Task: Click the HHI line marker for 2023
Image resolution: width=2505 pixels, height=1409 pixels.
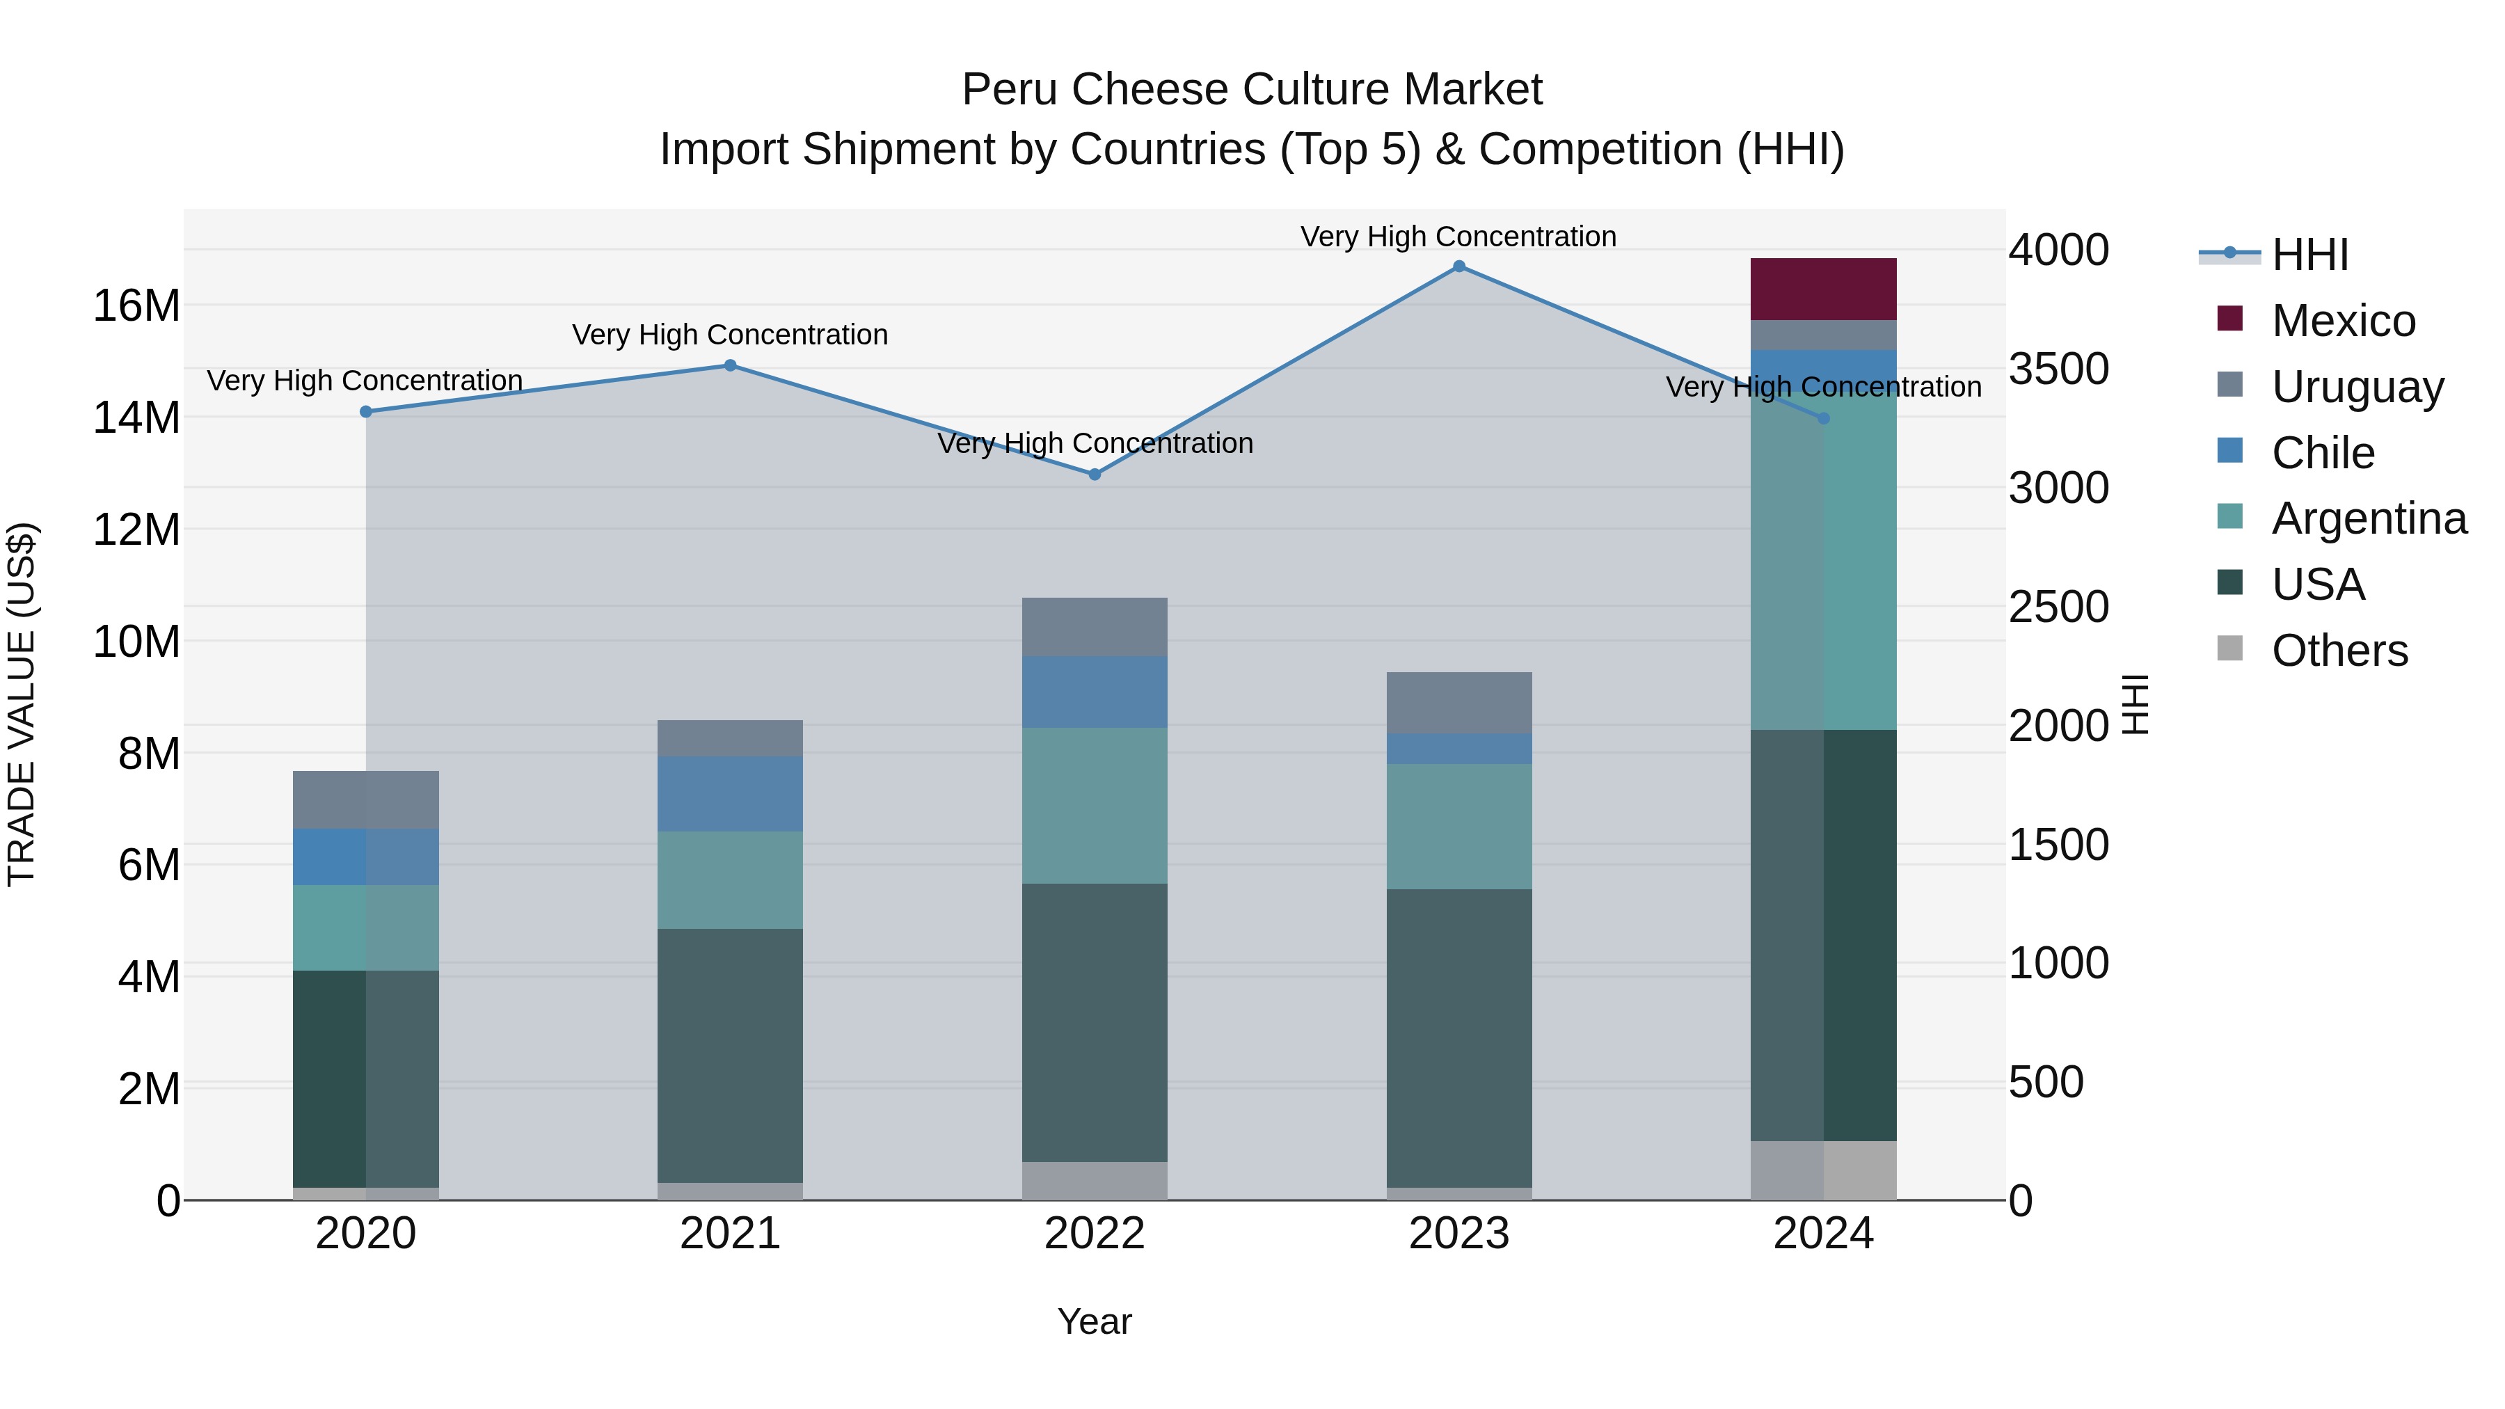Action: (x=1458, y=266)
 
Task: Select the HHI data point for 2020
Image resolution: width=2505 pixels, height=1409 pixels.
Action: (x=365, y=413)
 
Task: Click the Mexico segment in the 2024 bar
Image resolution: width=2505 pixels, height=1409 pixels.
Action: (x=1823, y=289)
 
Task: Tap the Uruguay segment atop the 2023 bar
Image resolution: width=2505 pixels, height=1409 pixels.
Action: (x=1458, y=702)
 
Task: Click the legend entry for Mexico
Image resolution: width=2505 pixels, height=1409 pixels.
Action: (x=2343, y=321)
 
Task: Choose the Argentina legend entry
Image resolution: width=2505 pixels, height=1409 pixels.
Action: (x=2368, y=518)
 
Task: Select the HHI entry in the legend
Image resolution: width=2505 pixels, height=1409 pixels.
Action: (x=2309, y=255)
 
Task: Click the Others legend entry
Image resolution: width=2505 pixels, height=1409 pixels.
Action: (x=2339, y=651)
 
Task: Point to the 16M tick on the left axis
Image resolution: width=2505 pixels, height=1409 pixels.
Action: (x=136, y=306)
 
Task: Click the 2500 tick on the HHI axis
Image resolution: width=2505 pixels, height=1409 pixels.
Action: (x=2059, y=607)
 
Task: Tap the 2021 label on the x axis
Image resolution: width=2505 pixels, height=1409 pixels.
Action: (x=731, y=1234)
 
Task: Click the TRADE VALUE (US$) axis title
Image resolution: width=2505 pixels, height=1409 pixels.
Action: (x=22, y=704)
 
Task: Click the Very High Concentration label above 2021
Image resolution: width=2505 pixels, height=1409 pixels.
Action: (x=731, y=335)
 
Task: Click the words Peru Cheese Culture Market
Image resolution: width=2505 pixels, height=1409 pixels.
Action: (x=1252, y=90)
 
